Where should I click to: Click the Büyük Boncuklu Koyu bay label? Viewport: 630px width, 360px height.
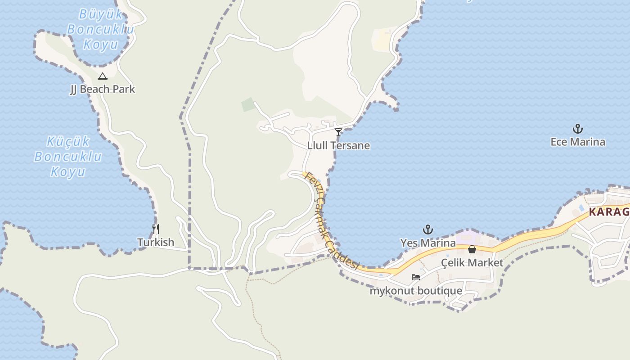pos(101,29)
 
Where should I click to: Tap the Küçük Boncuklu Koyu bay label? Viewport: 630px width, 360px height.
pos(68,157)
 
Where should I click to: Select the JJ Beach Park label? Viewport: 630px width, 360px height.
pos(103,89)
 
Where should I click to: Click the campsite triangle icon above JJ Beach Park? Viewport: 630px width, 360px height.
pos(103,76)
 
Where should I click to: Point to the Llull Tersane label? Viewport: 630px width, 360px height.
pos(338,145)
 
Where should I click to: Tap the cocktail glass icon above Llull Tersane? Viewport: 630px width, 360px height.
pos(338,132)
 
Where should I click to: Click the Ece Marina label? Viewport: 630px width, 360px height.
pos(578,142)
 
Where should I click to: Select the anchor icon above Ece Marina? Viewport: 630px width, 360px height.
pos(578,129)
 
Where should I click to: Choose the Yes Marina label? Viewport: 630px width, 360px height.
pos(428,243)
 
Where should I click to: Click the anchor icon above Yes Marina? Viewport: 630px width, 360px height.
pos(428,230)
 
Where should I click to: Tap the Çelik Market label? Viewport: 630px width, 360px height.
pos(472,262)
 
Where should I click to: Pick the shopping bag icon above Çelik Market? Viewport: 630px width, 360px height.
pos(472,249)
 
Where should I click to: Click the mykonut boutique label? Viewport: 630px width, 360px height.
pos(416,291)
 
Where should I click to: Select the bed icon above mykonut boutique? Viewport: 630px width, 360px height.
pos(416,277)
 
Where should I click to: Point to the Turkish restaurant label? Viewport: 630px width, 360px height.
pos(156,242)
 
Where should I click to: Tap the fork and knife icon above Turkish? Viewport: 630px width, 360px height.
pos(156,229)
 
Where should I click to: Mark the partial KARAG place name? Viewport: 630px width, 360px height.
pos(609,211)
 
